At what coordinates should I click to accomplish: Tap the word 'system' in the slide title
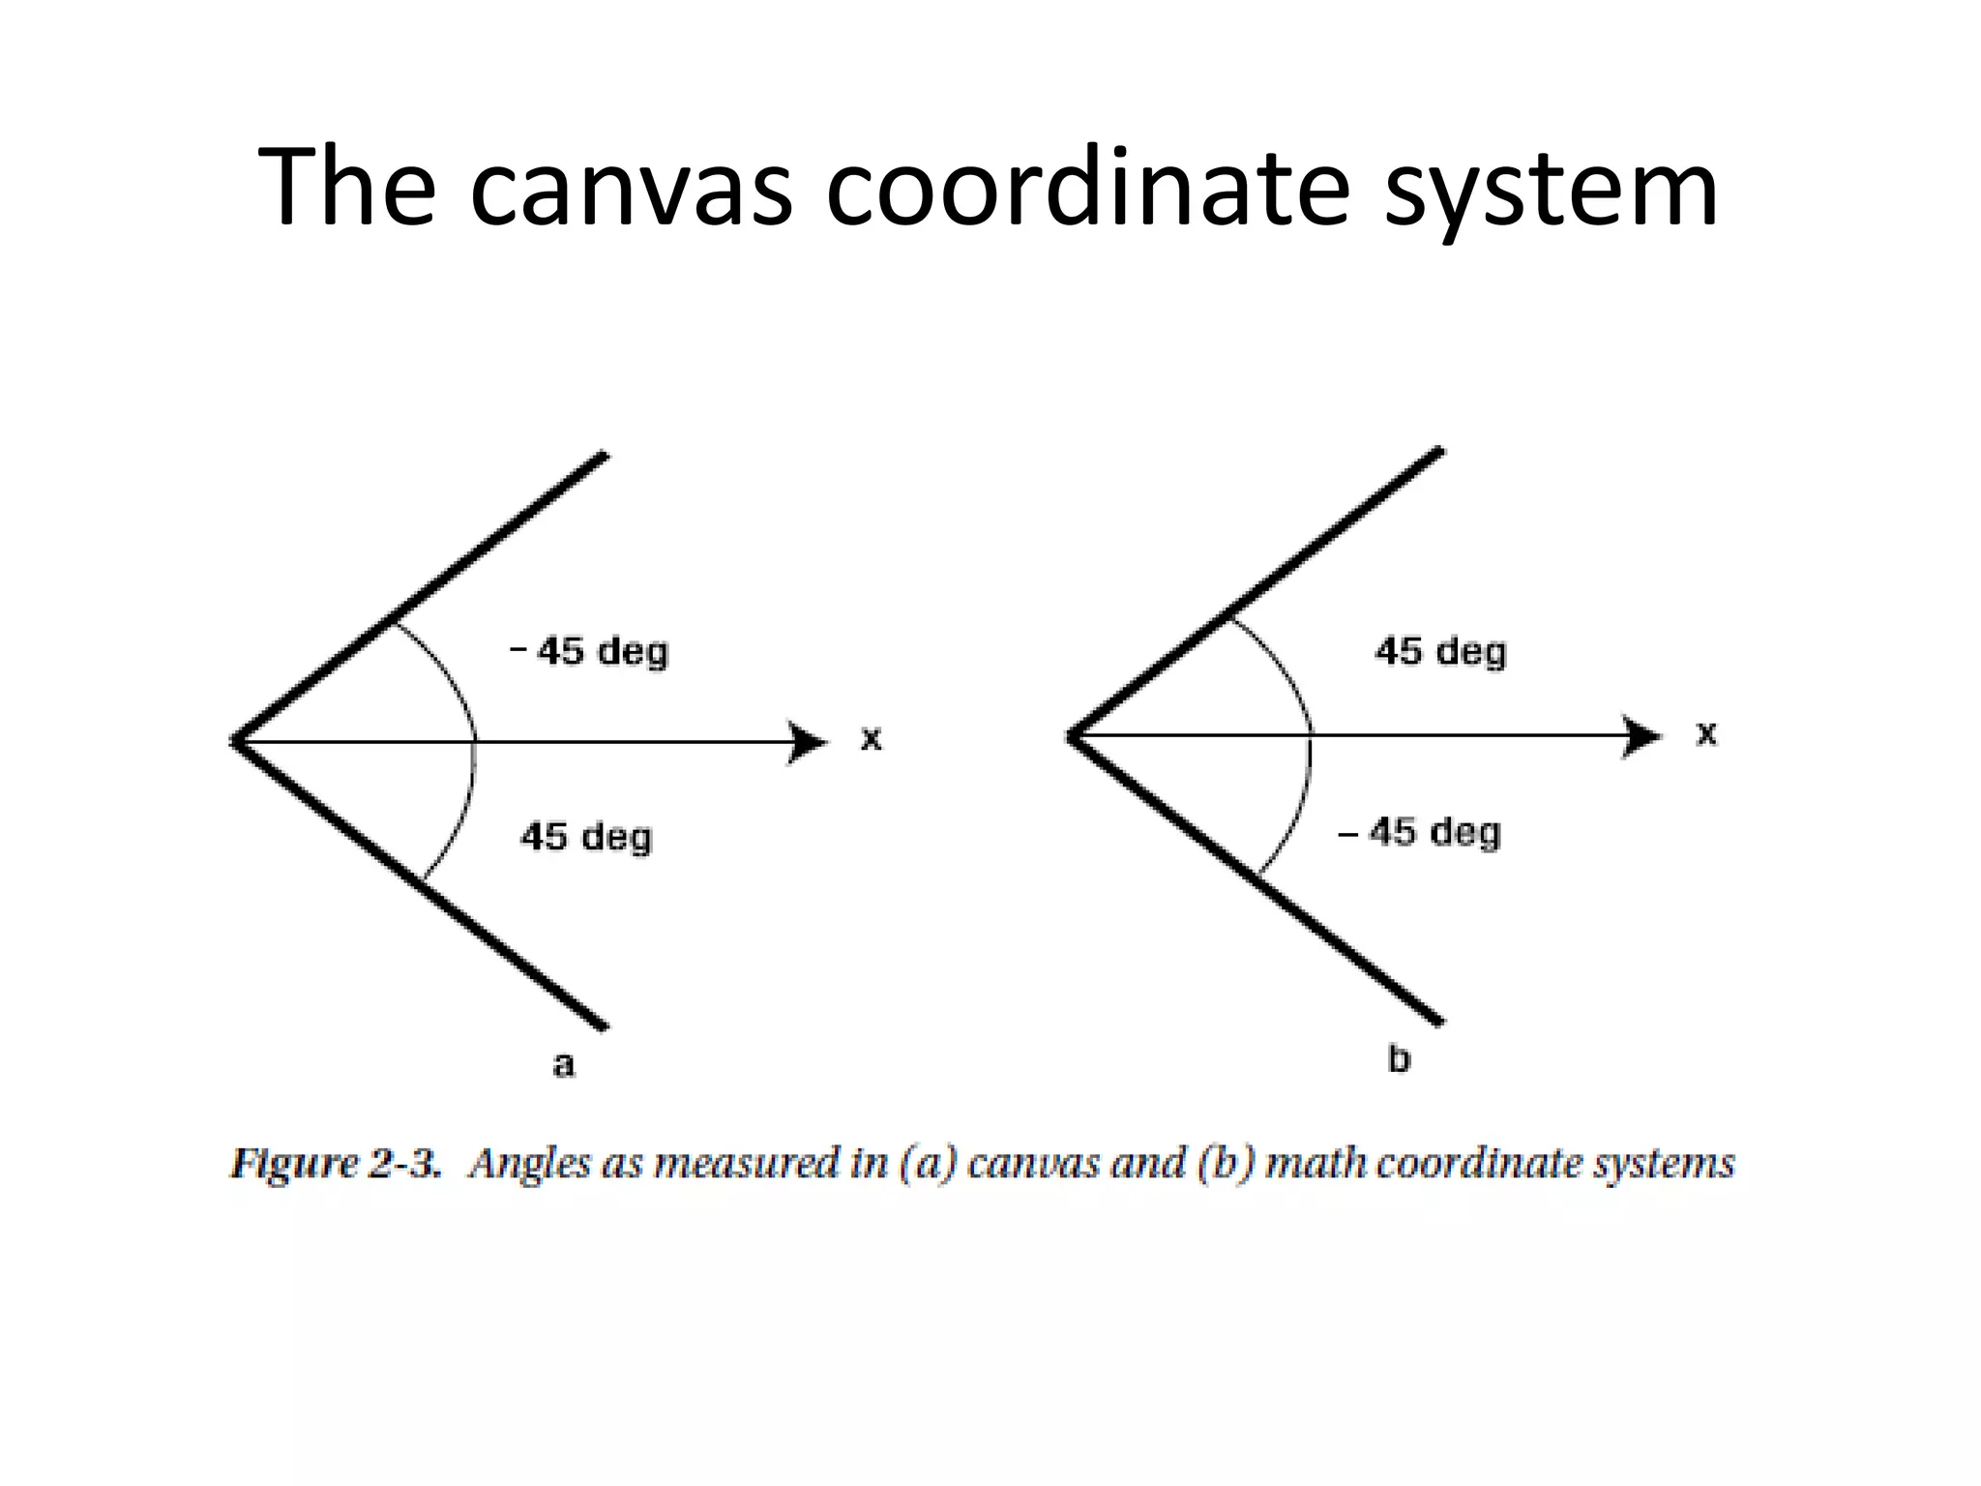click(1551, 189)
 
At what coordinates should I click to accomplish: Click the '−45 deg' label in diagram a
click(589, 651)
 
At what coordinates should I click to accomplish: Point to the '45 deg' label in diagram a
click(586, 837)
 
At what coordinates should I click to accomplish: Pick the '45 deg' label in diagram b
click(1440, 651)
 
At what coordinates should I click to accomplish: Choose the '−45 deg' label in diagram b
click(1419, 832)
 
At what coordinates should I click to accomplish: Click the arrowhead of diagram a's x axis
click(809, 743)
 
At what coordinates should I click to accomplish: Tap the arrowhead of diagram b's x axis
click(1642, 736)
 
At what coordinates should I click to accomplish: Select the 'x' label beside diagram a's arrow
click(872, 739)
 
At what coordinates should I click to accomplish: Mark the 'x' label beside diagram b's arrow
click(1706, 733)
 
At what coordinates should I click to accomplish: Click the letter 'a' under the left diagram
click(563, 1064)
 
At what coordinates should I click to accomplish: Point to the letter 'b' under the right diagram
click(1399, 1059)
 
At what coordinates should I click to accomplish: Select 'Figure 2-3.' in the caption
click(336, 1163)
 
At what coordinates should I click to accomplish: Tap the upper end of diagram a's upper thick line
click(604, 456)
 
